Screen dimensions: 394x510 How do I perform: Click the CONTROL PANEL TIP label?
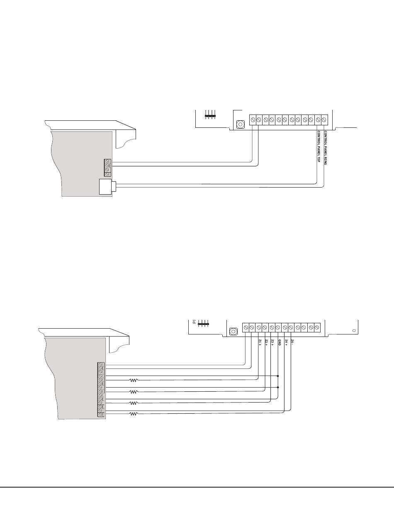coord(319,146)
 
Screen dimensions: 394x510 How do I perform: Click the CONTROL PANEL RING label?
coord(325,148)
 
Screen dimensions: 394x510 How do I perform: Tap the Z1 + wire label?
coord(260,342)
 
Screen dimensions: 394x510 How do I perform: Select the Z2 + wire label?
coord(266,342)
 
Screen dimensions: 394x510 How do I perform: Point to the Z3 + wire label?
coord(272,342)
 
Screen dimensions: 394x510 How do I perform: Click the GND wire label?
coord(279,342)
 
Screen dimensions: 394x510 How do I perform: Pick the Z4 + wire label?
coord(286,342)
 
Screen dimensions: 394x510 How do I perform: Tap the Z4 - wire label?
coord(292,342)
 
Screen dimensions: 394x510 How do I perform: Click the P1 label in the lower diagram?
coord(194,322)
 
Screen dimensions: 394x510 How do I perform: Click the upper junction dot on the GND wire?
coord(278,376)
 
